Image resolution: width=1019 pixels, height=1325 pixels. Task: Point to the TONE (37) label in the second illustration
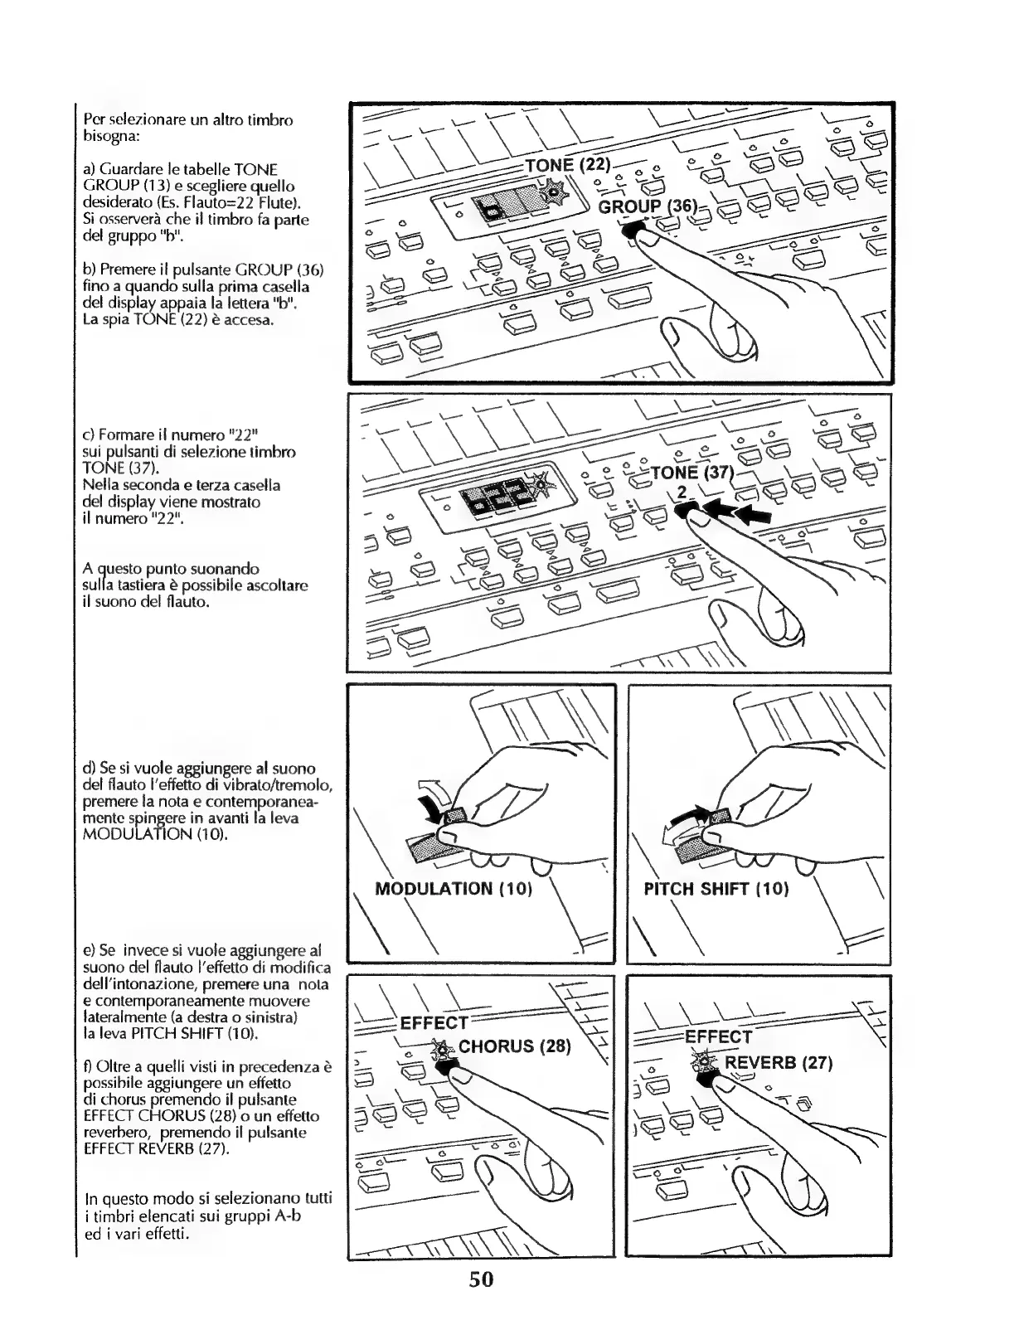[x=693, y=473]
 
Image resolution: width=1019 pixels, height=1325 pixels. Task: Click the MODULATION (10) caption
[x=453, y=890]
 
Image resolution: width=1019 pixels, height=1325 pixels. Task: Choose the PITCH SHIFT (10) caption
[x=716, y=890]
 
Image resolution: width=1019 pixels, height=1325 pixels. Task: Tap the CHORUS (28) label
[x=515, y=1046]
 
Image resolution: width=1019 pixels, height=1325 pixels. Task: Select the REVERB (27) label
[x=779, y=1063]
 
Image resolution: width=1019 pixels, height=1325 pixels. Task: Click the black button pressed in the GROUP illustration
[x=633, y=231]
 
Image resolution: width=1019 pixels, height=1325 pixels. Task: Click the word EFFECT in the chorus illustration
[x=434, y=1023]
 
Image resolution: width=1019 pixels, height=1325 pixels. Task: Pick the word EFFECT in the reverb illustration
[x=718, y=1036]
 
